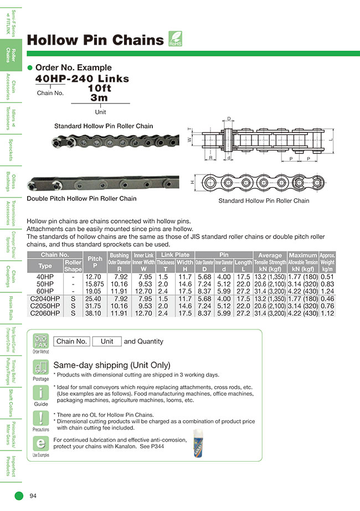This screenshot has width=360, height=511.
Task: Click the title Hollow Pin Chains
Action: [x=95, y=40]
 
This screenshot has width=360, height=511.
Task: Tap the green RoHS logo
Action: [x=174, y=39]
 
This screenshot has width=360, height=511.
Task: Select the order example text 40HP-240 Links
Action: [x=82, y=79]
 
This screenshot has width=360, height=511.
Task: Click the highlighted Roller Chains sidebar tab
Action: [x=11, y=55]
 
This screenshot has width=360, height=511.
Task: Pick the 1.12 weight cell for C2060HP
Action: [x=327, y=313]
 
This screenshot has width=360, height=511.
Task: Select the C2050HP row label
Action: [x=45, y=305]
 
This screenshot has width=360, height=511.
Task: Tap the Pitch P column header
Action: [x=95, y=262]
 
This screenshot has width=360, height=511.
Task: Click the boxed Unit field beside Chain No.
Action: [x=107, y=341]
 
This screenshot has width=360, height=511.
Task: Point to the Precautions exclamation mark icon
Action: [x=40, y=419]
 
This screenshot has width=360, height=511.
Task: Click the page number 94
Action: [x=33, y=495]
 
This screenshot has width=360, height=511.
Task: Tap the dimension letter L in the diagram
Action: [x=331, y=141]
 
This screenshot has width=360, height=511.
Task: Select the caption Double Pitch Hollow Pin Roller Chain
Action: [x=81, y=198]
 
